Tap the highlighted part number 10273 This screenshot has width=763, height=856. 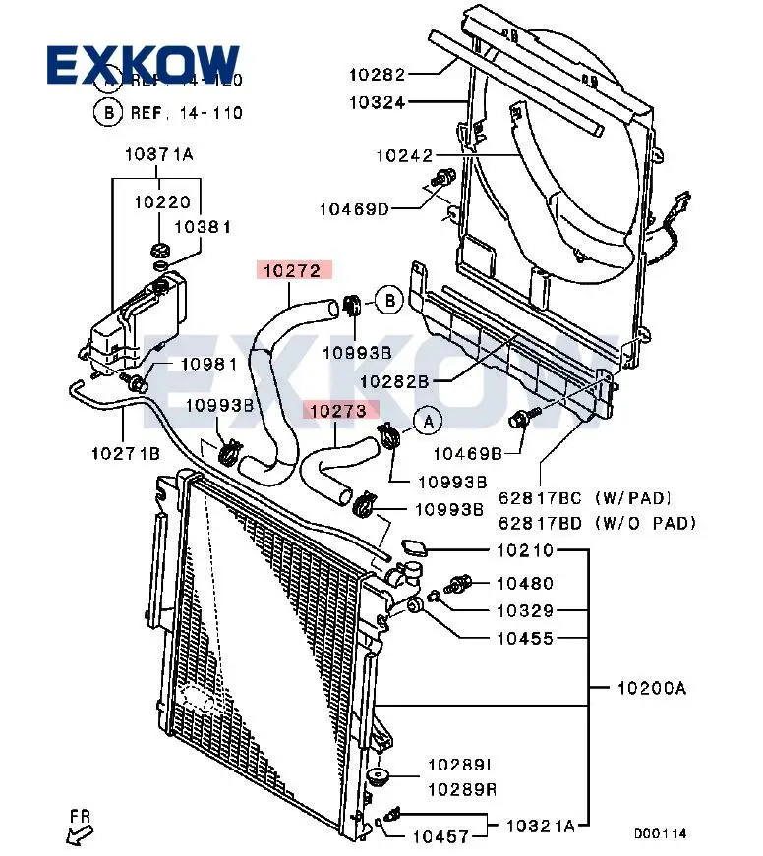click(x=340, y=411)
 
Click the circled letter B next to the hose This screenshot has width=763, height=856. click(x=390, y=300)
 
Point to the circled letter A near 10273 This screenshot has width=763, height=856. click(x=428, y=421)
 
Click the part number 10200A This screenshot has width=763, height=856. click(x=651, y=688)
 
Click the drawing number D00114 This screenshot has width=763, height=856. click(x=660, y=833)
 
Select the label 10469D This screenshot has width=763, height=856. click(x=354, y=208)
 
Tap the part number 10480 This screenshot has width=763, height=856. click(x=524, y=583)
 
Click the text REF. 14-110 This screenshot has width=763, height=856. click(x=187, y=112)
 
